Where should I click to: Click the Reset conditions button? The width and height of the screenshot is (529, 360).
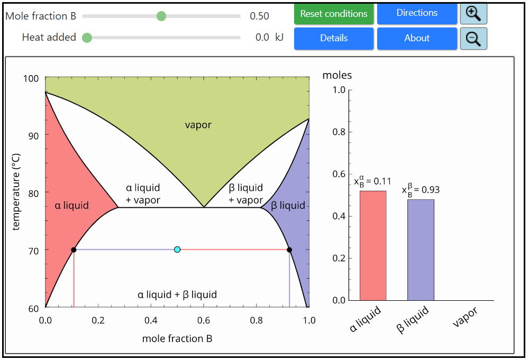[334, 14]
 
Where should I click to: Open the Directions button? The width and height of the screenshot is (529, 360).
[417, 13]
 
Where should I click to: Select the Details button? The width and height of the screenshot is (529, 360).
[334, 38]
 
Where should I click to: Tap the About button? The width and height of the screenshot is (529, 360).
[417, 38]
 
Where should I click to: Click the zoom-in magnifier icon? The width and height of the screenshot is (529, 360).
[473, 14]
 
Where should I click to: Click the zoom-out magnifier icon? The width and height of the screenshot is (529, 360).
[473, 39]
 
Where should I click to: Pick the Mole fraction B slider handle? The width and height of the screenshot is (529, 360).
[161, 16]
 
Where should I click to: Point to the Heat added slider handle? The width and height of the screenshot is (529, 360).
[87, 38]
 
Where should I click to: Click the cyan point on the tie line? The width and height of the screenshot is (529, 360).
[177, 250]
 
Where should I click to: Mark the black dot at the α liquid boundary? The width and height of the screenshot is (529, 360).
[74, 250]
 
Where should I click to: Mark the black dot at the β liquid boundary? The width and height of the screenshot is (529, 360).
[289, 250]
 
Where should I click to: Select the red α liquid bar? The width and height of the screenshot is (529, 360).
[373, 246]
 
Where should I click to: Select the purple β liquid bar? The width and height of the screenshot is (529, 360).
[421, 250]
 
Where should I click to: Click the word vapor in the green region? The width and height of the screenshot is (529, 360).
[198, 125]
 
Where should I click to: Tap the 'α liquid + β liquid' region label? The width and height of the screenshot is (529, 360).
[177, 294]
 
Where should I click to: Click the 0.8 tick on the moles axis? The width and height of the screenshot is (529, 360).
[339, 132]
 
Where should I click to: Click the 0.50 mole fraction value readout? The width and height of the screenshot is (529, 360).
[259, 16]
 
